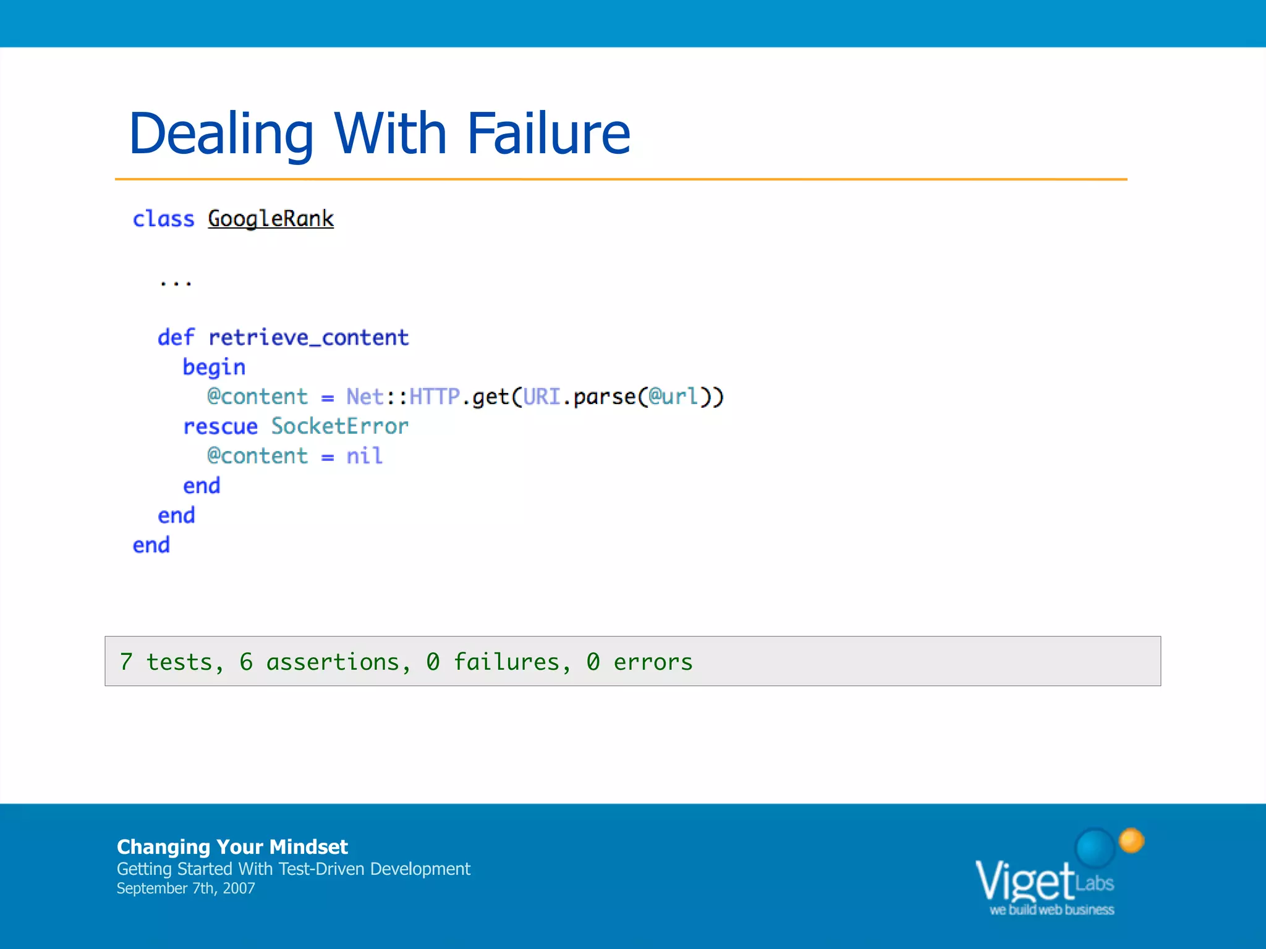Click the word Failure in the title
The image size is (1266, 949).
point(548,133)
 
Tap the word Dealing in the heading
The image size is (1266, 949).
point(221,135)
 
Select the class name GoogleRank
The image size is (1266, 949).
point(271,219)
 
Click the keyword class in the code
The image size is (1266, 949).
point(163,219)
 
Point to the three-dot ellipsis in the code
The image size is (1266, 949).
point(176,284)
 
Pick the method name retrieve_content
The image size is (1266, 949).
point(308,337)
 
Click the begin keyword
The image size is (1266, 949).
point(214,368)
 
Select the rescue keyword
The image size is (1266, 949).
point(220,426)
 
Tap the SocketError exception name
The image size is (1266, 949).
point(340,426)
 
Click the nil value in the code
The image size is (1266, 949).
point(364,456)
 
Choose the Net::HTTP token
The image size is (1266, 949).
point(403,397)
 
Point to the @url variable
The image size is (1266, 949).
point(673,397)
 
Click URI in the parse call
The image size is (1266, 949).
point(542,397)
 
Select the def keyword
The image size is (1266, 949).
point(176,337)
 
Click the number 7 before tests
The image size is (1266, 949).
point(126,662)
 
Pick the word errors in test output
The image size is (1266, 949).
point(653,662)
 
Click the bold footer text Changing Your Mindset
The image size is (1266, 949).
point(232,846)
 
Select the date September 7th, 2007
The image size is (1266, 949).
point(185,888)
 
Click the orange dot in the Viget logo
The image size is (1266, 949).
point(1131,840)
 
